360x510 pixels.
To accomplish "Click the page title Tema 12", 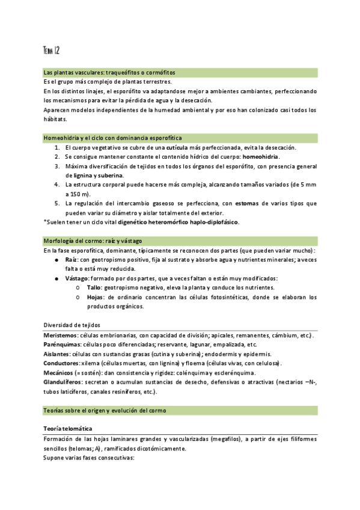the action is point(51,50).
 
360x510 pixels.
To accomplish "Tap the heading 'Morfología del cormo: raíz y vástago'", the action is point(93,241).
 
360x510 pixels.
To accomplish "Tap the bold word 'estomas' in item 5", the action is point(248,203).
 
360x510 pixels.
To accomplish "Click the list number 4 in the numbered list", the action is point(56,185).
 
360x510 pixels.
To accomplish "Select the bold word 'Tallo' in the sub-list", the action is point(94,287).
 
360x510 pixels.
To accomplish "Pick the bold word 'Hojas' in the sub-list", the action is point(96,297).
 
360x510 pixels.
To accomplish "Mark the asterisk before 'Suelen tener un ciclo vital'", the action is point(45,222).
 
